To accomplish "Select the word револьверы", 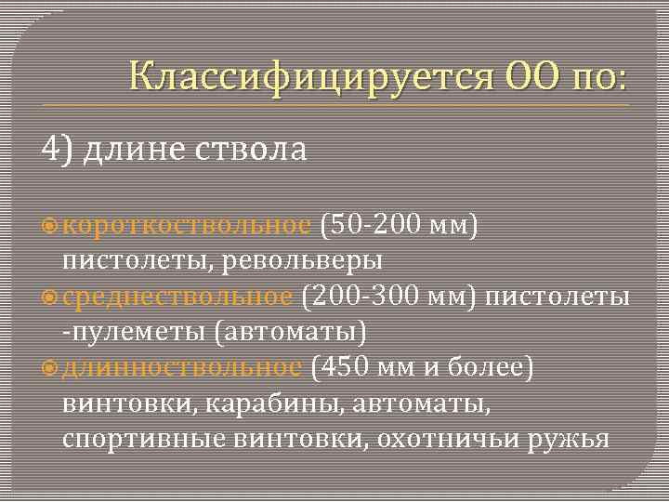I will click(x=304, y=260).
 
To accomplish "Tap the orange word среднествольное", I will click(x=178, y=297).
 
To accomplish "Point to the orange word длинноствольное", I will click(x=182, y=367).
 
